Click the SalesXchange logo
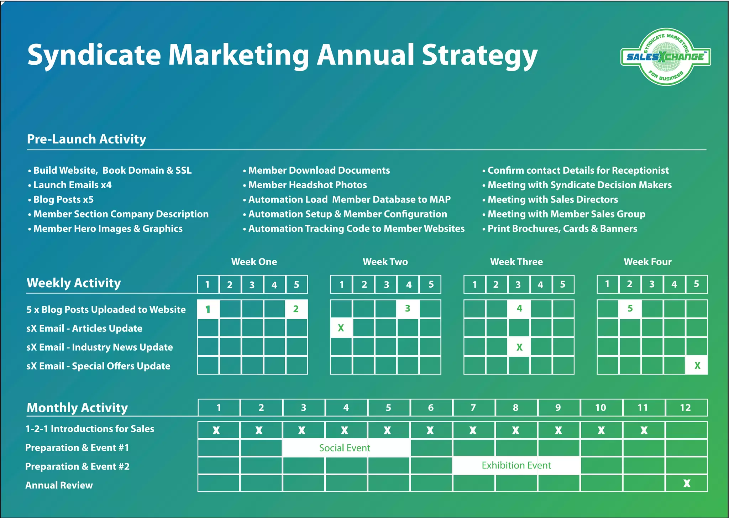(665, 57)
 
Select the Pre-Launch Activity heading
(86, 139)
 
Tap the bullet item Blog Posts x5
(63, 199)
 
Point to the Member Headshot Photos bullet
(307, 185)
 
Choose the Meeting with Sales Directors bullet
(552, 199)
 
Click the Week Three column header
(516, 262)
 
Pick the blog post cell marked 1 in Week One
(208, 309)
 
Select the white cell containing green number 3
(408, 308)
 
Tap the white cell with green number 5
(630, 308)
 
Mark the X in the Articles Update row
(341, 328)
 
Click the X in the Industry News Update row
(519, 347)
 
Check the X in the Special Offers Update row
(697, 366)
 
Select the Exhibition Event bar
(516, 465)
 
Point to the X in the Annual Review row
(687, 483)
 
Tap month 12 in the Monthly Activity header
(686, 408)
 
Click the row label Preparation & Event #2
(77, 466)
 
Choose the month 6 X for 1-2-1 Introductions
(430, 430)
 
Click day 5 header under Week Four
(697, 284)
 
